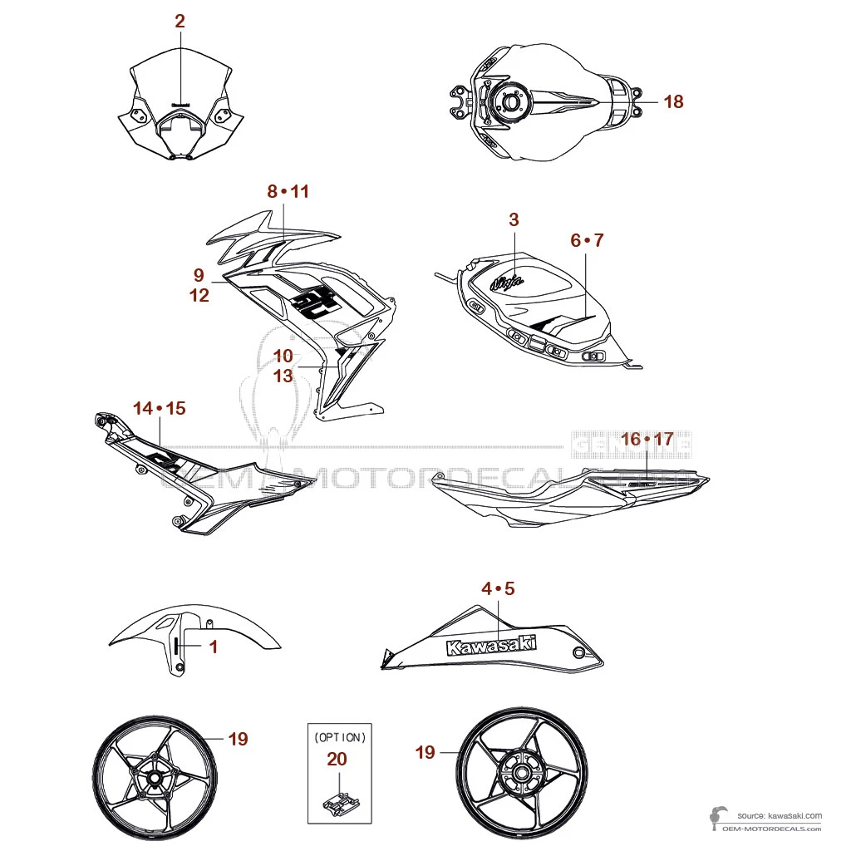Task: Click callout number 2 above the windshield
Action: [x=180, y=22]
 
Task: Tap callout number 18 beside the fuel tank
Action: [x=673, y=101]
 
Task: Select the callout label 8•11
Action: [x=288, y=192]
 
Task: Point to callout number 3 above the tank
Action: [x=514, y=219]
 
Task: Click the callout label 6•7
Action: [x=587, y=240]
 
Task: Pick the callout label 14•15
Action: [x=160, y=408]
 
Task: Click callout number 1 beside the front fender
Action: [x=213, y=646]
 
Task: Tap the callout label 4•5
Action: [x=499, y=588]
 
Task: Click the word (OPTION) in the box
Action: [x=338, y=736]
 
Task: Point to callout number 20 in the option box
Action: [x=337, y=759]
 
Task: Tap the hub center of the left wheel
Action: [x=155, y=780]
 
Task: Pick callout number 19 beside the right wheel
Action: [x=425, y=752]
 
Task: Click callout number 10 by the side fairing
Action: [x=283, y=355]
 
